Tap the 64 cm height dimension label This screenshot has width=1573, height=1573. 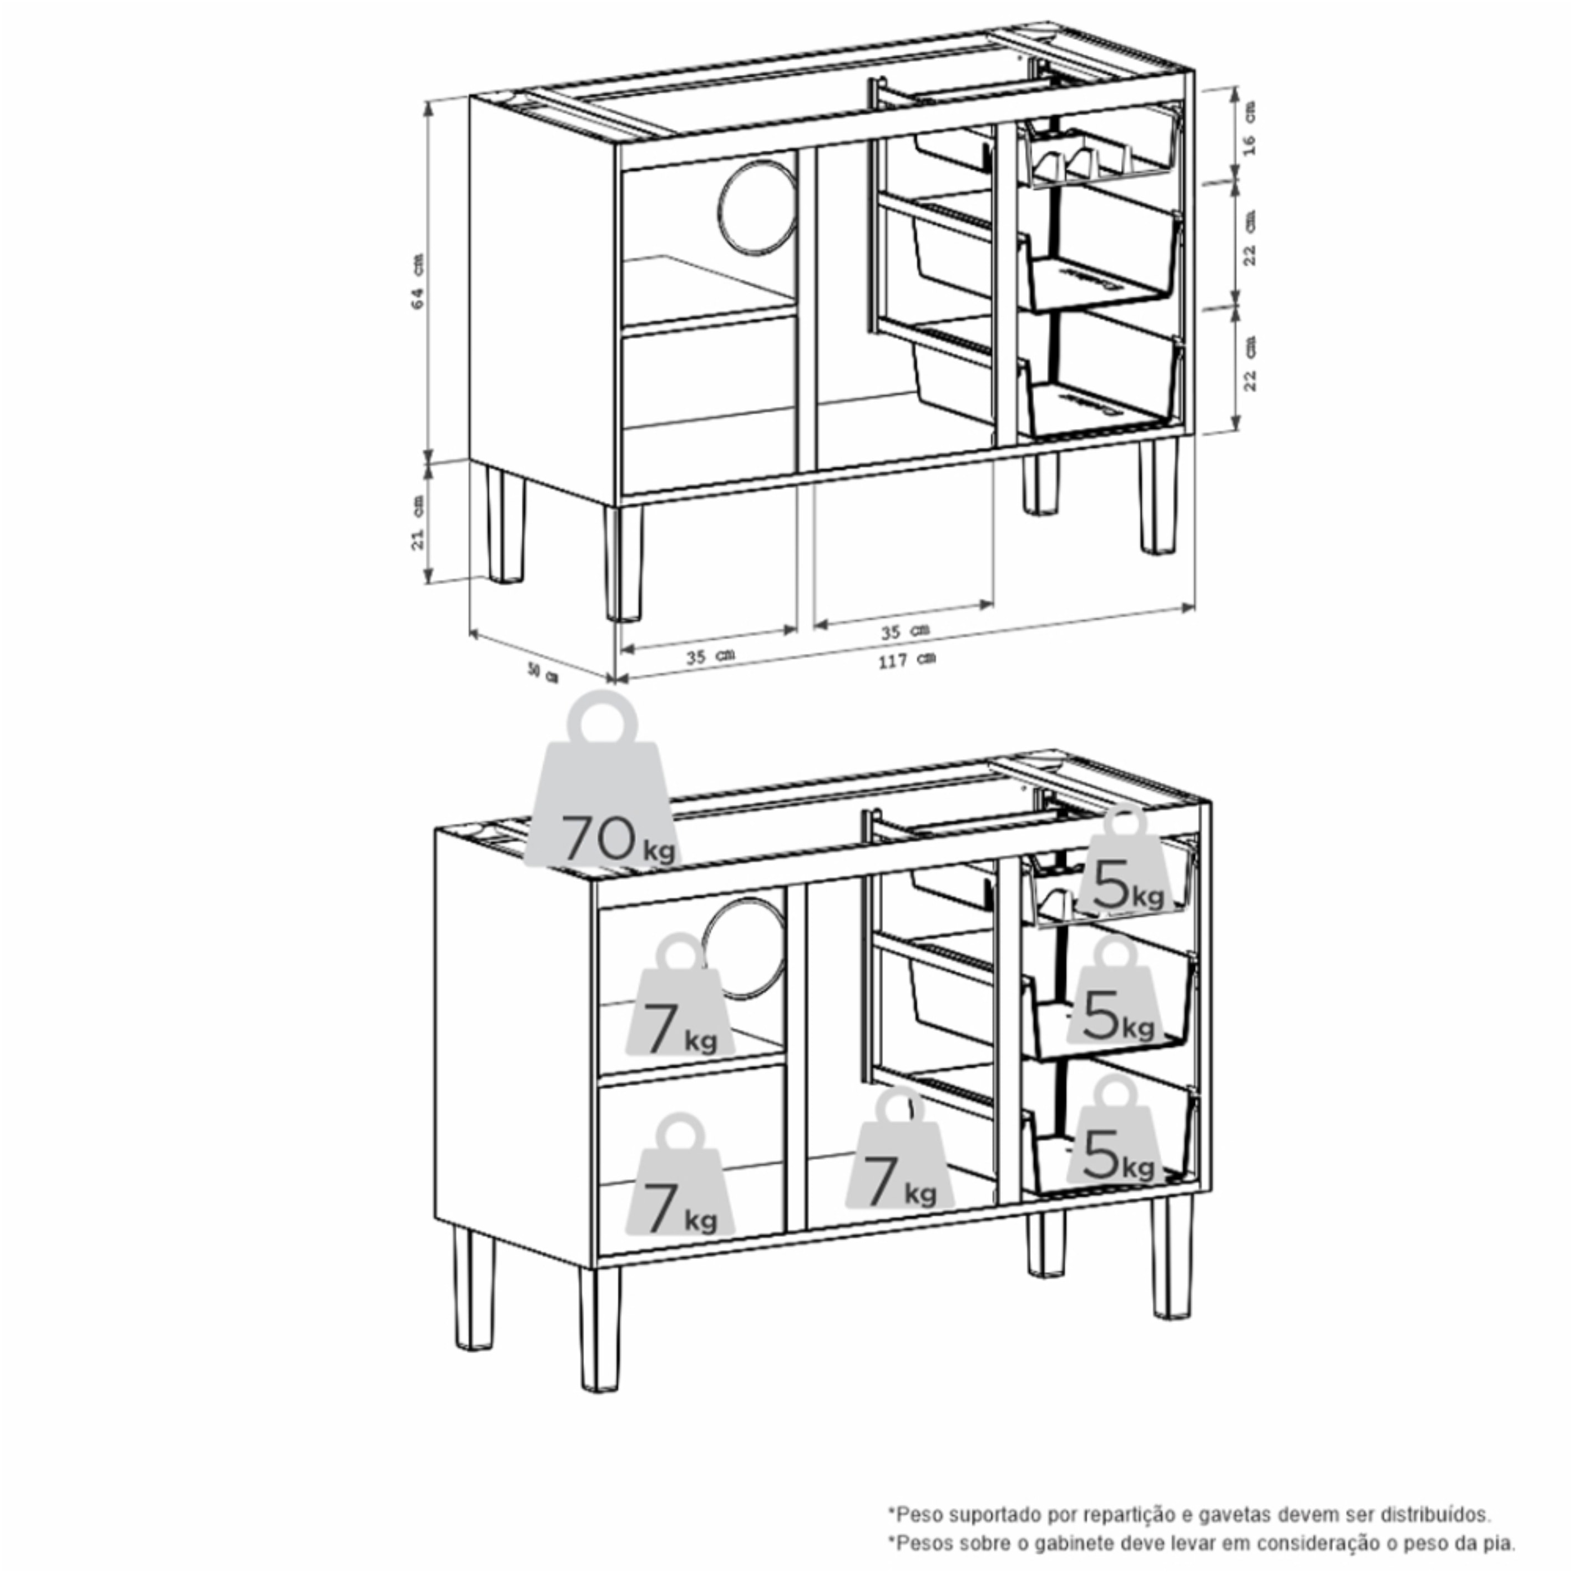(418, 281)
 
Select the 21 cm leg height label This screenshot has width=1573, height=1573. (418, 521)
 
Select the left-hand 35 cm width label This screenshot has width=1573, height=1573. (709, 655)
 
